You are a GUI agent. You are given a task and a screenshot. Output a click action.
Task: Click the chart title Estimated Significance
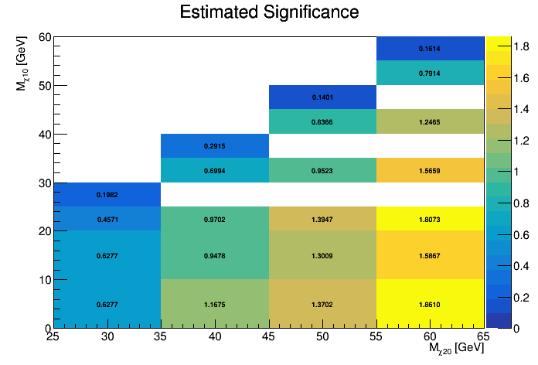(269, 12)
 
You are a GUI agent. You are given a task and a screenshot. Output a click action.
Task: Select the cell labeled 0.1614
(430, 49)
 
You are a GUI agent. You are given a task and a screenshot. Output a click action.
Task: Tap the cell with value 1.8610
(430, 305)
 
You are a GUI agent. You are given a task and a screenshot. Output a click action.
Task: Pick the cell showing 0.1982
(107, 195)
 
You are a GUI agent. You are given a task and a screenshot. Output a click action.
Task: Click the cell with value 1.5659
(430, 170)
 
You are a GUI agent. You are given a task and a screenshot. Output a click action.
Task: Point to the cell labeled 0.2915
(215, 146)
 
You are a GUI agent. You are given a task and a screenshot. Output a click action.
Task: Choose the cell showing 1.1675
(215, 305)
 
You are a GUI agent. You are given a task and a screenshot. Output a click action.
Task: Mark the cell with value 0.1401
(322, 97)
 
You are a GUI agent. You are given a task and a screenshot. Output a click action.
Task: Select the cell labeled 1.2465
(430, 122)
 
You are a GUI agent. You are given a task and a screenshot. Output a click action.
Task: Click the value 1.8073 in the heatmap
(430, 220)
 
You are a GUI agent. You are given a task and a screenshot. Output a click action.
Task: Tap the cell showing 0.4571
(107, 220)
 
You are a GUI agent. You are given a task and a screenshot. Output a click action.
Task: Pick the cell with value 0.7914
(430, 73)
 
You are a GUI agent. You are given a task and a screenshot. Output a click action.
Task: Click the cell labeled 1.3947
(322, 220)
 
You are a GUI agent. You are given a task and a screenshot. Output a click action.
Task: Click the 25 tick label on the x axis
(53, 336)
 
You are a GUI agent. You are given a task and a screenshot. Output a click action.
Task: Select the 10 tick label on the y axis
(43, 279)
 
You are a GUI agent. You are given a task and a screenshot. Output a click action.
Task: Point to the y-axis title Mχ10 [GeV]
(23, 63)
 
